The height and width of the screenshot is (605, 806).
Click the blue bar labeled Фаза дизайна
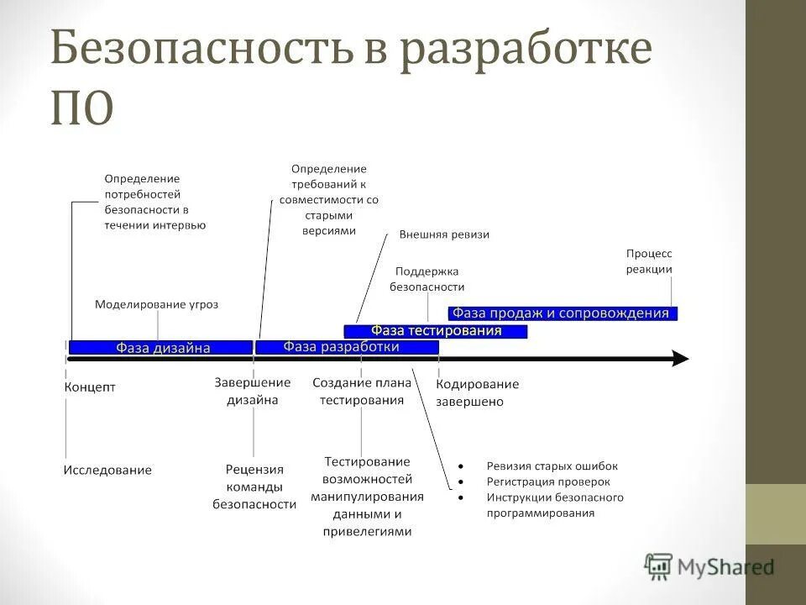click(160, 347)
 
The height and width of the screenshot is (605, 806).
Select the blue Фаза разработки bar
click(341, 346)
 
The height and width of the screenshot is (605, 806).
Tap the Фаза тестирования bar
click(436, 331)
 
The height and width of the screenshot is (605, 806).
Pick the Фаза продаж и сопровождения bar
click(562, 313)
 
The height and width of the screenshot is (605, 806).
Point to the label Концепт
click(89, 387)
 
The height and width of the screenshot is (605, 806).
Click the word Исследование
click(107, 471)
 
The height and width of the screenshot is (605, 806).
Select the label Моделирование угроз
click(156, 304)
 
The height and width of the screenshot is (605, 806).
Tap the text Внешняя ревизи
click(444, 235)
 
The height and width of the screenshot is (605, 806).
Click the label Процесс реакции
click(650, 260)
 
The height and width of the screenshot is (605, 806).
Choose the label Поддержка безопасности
click(427, 279)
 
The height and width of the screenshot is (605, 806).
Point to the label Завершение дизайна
click(253, 392)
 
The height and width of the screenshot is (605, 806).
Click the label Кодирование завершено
click(477, 392)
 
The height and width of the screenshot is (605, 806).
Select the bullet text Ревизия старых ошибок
click(552, 466)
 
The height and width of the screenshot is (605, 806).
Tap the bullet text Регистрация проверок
click(548, 482)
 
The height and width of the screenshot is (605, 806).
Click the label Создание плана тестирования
click(362, 392)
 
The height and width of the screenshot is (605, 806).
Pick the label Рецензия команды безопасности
click(254, 487)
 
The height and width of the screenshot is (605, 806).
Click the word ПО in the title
click(81, 109)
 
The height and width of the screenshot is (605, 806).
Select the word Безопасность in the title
click(191, 50)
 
